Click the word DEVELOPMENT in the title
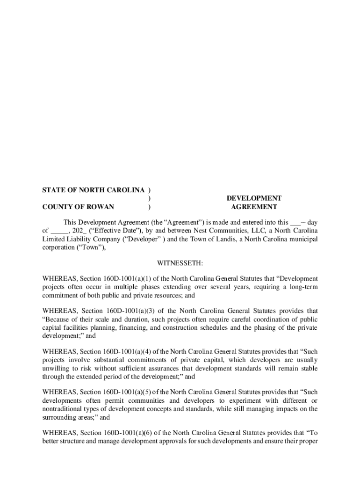pos(254,198)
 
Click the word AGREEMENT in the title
pos(254,207)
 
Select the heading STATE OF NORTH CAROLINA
pos(94,190)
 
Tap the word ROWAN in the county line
pos(101,207)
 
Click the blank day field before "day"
pos(295,223)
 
